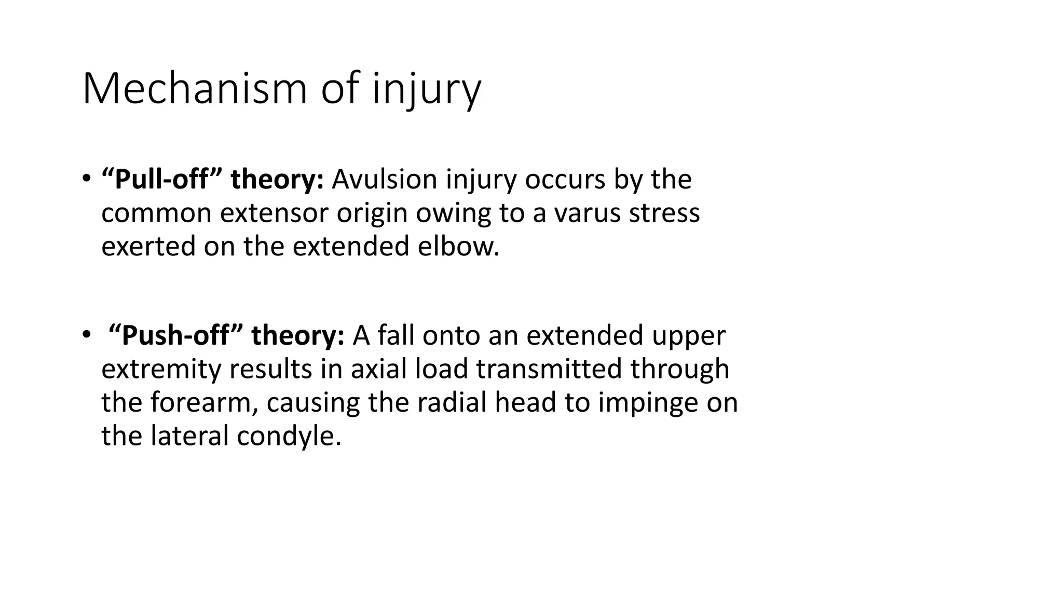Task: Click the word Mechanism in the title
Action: pyautogui.click(x=195, y=89)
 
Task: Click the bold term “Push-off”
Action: pyautogui.click(x=175, y=335)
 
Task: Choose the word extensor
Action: pyautogui.click(x=275, y=213)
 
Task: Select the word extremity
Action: pyautogui.click(x=161, y=369)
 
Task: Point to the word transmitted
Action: pyautogui.click(x=549, y=369)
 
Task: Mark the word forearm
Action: pyautogui.click(x=205, y=403)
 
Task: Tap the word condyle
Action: pyautogui.click(x=289, y=436)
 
